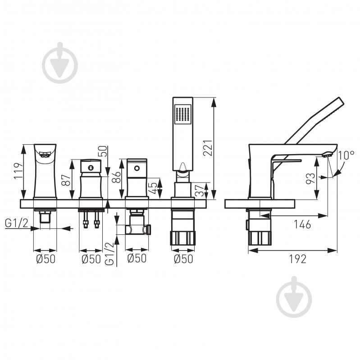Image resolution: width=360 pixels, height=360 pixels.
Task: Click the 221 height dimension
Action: [x=208, y=148]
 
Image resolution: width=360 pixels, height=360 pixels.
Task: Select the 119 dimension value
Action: [x=18, y=171]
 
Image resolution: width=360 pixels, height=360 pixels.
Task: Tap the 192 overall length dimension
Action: [x=297, y=259]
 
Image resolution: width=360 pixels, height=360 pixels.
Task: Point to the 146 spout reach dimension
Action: [x=303, y=224]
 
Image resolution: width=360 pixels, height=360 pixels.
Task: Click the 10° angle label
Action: [x=346, y=155]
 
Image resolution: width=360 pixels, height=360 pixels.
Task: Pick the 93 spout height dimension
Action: [x=310, y=178]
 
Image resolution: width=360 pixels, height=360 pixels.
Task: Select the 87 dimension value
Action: [x=66, y=180]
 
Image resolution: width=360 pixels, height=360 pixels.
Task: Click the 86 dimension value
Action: [x=116, y=177]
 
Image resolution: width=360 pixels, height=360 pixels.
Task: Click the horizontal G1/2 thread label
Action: [x=17, y=223]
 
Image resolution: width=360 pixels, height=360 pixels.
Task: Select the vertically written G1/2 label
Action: [x=109, y=254]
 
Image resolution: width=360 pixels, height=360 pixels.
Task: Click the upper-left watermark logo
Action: [x=60, y=63]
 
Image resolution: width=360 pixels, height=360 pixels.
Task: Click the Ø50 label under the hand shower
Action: [x=183, y=259]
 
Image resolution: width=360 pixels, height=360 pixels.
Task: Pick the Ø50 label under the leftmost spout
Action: [x=46, y=259]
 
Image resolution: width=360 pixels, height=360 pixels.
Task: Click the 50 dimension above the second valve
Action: [x=104, y=151]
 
